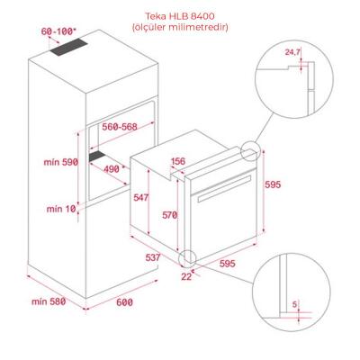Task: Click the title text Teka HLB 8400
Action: [x=180, y=15]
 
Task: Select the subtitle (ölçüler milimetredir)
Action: [x=180, y=27]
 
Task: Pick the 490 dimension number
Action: [x=111, y=168]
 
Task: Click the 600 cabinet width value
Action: [x=124, y=302]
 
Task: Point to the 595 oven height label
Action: [x=274, y=184]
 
